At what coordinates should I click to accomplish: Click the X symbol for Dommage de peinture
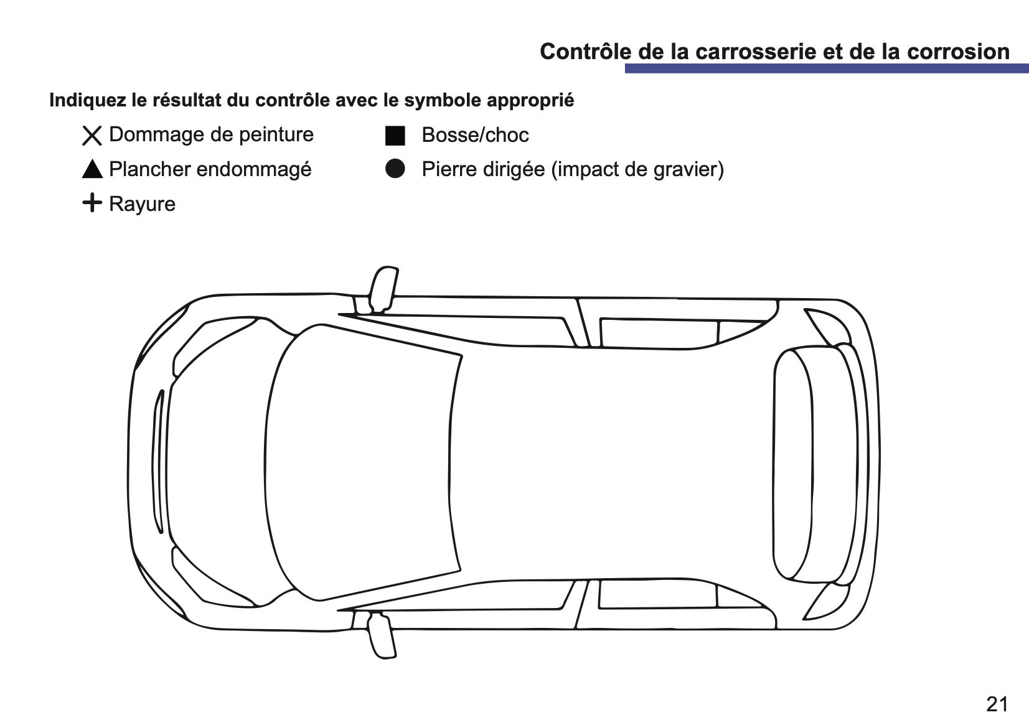click(92, 136)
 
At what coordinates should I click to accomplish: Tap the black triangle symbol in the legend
click(92, 169)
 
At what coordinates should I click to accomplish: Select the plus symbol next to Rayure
click(92, 202)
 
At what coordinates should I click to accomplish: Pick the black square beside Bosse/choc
click(395, 136)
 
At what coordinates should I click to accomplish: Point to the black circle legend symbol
click(395, 169)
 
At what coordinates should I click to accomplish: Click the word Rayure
click(143, 204)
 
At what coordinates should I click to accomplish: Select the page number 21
click(997, 704)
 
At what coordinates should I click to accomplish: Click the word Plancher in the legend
click(150, 169)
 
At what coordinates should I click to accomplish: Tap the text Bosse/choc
click(475, 135)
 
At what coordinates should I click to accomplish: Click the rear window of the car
click(792, 464)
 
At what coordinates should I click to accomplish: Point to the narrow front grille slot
click(159, 462)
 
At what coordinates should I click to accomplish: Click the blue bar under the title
click(827, 68)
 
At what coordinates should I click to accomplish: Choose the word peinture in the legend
click(276, 135)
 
